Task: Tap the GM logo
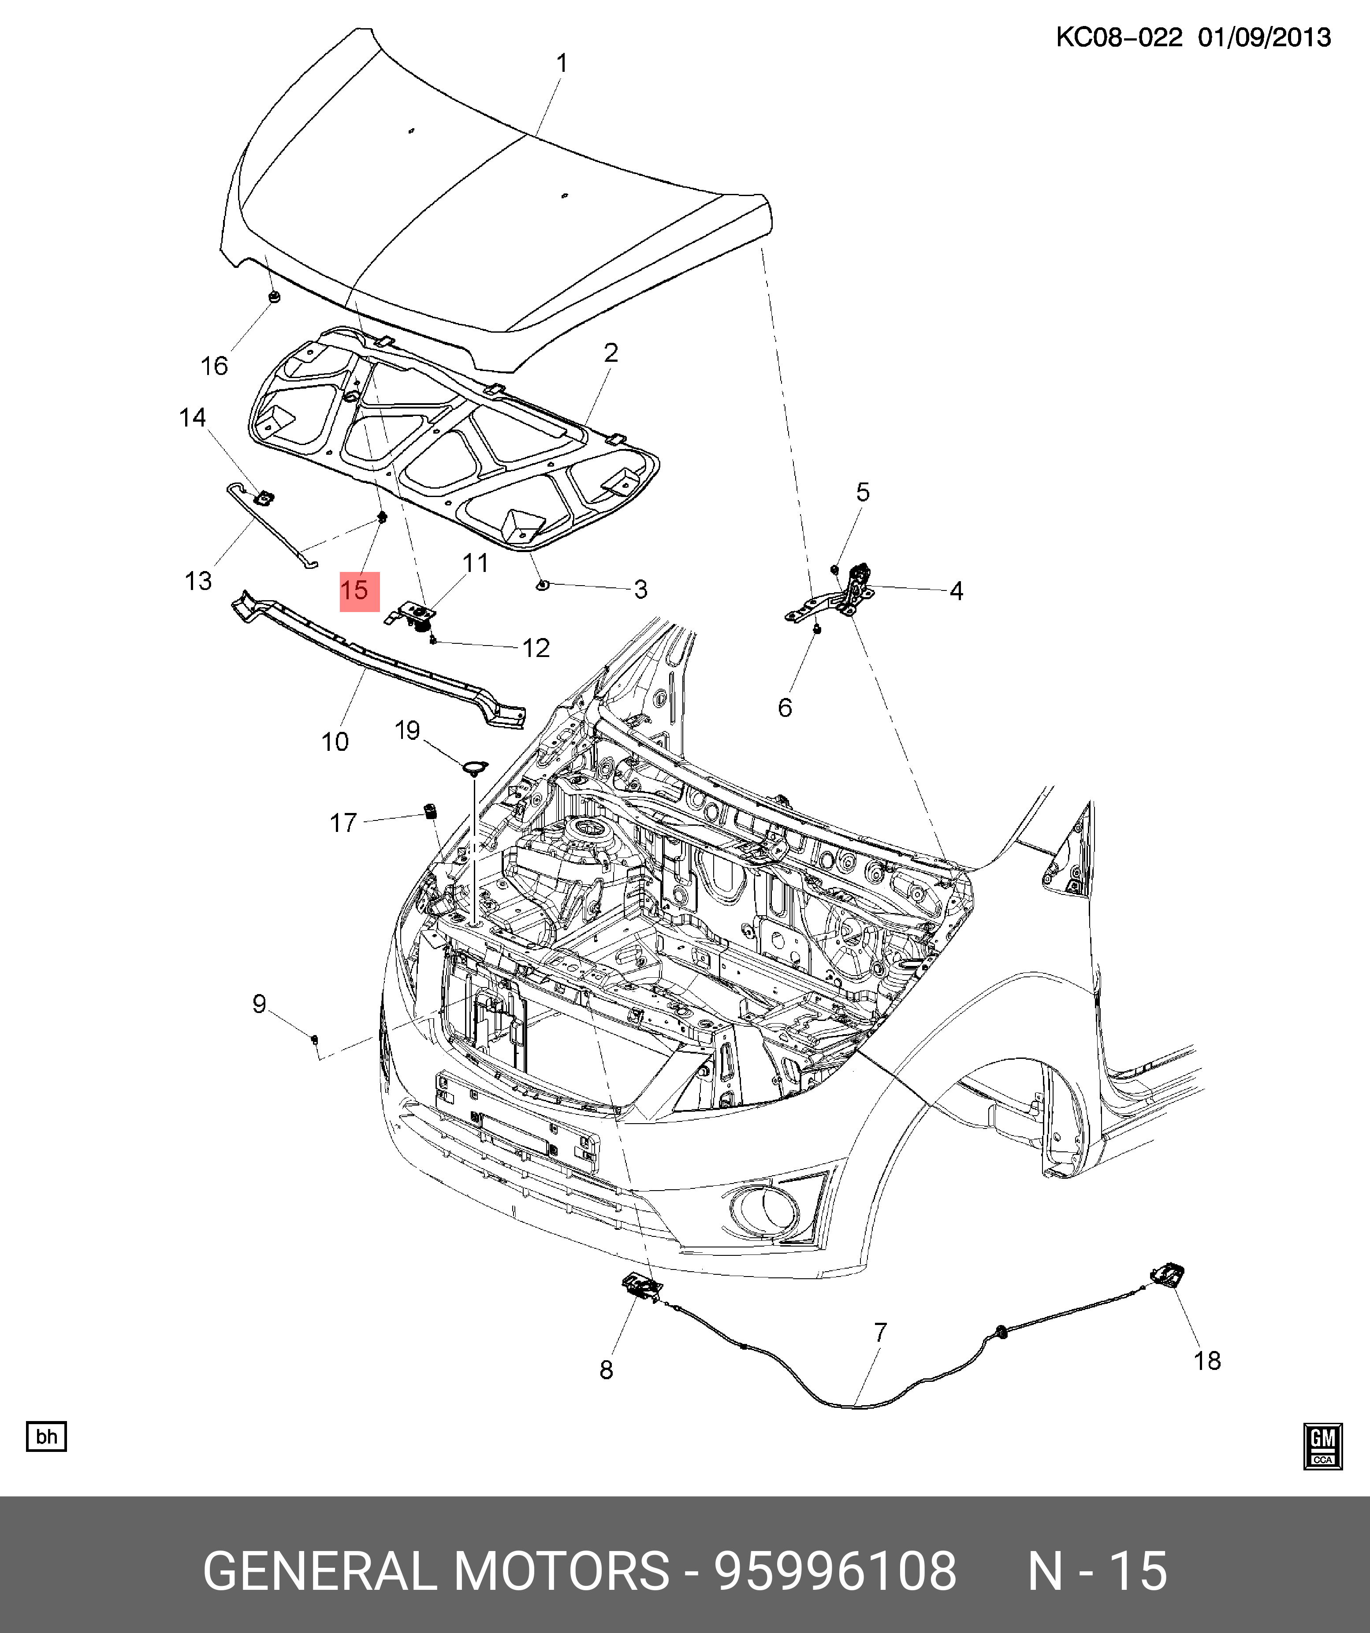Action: click(x=1322, y=1447)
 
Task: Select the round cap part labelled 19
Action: click(x=472, y=768)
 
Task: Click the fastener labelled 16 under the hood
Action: click(x=273, y=297)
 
